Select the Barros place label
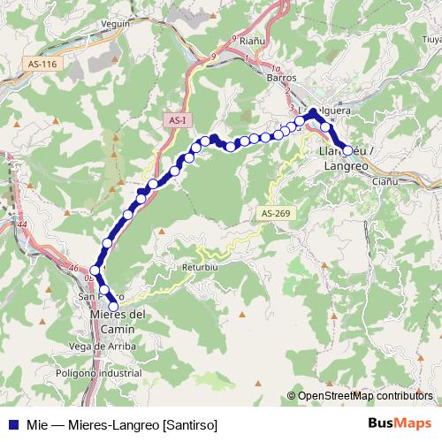pos(280,78)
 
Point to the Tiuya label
pos(431,40)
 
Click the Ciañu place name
pos(385,181)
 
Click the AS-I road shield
pos(178,119)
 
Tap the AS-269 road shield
pos(276,213)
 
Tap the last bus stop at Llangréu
pos(347,150)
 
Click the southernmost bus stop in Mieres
pos(113,306)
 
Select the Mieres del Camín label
pos(118,321)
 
